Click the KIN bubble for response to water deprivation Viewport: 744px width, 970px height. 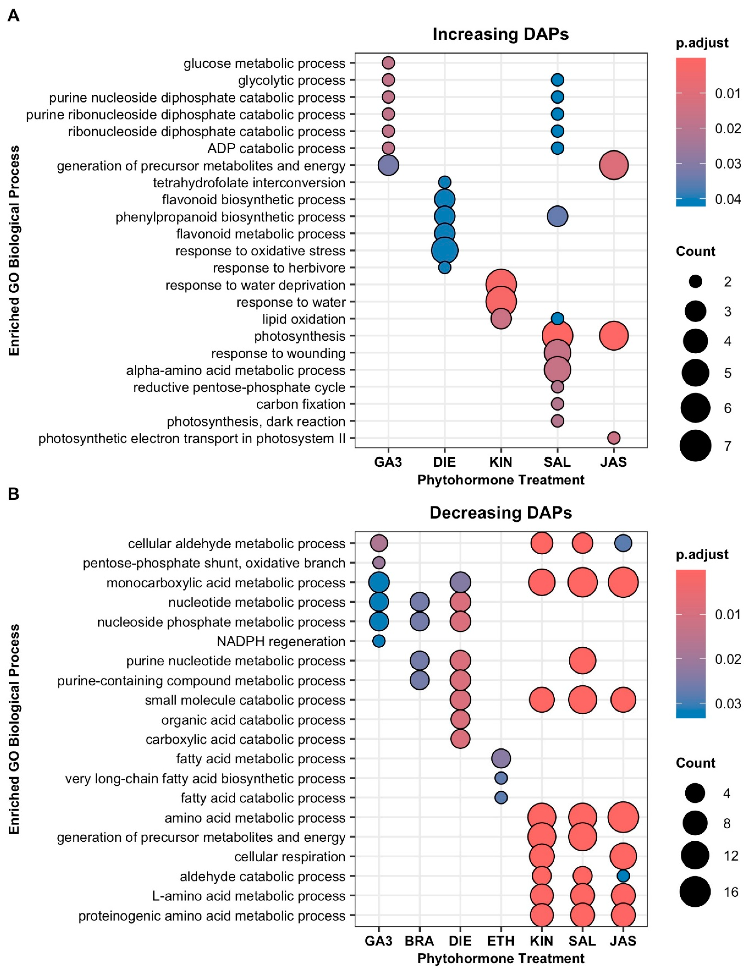coord(501,285)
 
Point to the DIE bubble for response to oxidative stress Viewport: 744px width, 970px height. coord(445,251)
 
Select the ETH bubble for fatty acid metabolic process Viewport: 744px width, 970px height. coord(501,759)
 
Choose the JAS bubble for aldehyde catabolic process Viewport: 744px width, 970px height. coord(623,876)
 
